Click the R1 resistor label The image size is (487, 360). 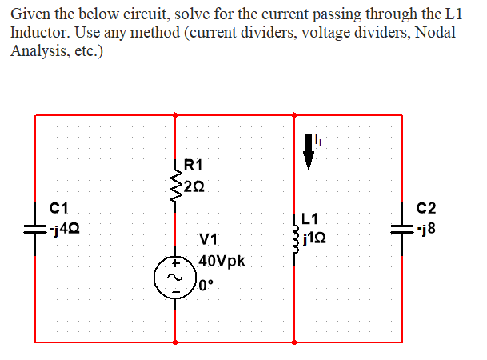(x=194, y=166)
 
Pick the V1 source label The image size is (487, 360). (x=209, y=238)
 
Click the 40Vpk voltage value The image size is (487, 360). (x=223, y=261)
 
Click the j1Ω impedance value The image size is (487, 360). (x=318, y=238)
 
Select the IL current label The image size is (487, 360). (x=321, y=142)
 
